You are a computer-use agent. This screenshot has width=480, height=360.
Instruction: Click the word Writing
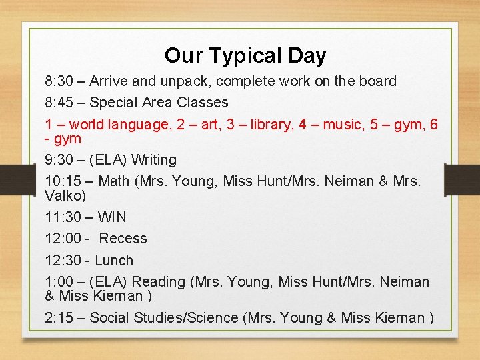[154, 160]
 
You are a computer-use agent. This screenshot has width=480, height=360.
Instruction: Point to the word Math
[113, 181]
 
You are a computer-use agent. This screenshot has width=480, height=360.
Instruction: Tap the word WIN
[112, 217]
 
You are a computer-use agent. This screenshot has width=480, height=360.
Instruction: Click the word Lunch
[114, 261]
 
